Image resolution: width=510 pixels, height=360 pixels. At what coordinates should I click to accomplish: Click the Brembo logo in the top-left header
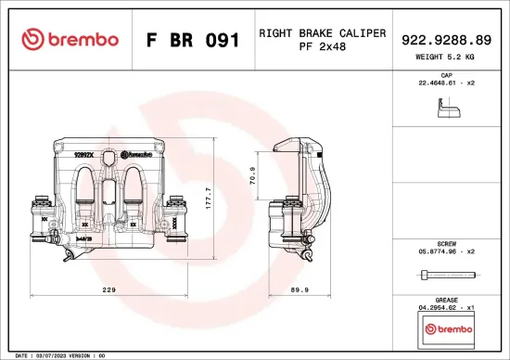[x=70, y=39]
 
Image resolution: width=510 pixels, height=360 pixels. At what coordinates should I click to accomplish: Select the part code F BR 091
[x=194, y=40]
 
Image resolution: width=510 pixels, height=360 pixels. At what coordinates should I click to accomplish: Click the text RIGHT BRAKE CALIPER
[x=322, y=33]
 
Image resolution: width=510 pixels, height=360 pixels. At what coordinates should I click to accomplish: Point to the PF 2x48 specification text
[x=322, y=47]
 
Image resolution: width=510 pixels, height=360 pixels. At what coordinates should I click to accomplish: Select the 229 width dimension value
[x=108, y=290]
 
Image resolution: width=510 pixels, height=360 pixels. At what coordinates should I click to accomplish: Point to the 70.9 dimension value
[x=253, y=175]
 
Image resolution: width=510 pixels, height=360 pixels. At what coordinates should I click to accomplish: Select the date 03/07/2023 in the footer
[x=52, y=355]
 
